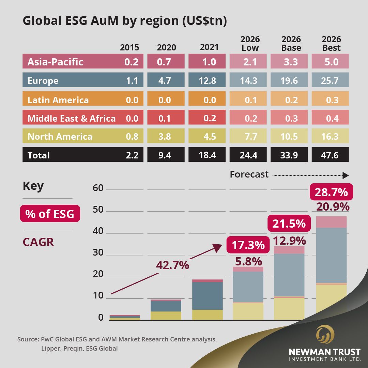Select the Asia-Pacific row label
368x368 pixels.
click(55, 62)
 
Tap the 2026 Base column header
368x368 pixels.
click(291, 43)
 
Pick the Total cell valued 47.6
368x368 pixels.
click(330, 155)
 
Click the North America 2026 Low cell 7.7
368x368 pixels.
click(250, 137)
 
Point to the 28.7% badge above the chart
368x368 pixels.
click(331, 192)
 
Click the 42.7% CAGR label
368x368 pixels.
click(172, 265)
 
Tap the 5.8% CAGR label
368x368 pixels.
click(248, 261)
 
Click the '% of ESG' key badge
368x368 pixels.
click(50, 214)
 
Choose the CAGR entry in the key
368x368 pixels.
click(38, 242)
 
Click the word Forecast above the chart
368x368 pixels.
click(249, 174)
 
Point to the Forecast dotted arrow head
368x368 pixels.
click(346, 175)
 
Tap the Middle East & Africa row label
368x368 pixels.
click(72, 118)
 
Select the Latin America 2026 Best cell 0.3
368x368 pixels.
click(330, 100)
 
